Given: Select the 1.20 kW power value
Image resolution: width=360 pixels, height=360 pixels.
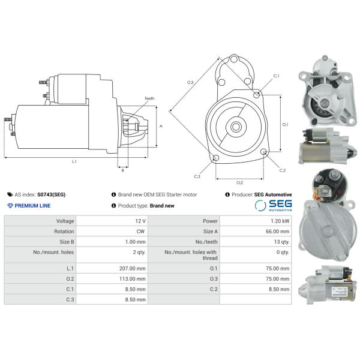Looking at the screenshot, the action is coord(280,221).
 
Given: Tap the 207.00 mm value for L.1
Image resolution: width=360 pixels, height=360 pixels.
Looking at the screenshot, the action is coord(132,268).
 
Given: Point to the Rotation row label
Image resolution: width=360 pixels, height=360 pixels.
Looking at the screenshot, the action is coord(64,231).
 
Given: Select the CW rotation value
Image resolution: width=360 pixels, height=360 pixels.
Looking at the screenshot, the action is coord(140,231).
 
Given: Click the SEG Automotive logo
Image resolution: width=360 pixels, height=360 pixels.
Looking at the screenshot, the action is coord(273,205).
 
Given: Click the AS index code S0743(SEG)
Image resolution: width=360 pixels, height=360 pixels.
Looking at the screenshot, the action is coord(51,194).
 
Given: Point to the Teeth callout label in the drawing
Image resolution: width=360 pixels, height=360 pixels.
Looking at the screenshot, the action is coord(149,98).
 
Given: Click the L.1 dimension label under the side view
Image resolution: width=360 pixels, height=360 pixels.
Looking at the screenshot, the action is coord(74,161).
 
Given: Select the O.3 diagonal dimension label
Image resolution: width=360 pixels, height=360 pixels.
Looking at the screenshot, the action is coord(190,82).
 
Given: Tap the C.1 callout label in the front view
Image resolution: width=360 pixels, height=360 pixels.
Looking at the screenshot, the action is coord(276,76).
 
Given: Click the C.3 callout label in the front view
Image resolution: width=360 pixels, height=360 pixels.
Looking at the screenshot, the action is coord(197,176).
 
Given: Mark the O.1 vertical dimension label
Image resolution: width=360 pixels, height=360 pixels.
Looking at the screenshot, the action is coord(285,124).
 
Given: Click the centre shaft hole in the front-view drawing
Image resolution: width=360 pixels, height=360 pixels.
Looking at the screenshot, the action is coord(236,127).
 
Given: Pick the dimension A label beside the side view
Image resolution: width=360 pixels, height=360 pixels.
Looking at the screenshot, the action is coord(161,126).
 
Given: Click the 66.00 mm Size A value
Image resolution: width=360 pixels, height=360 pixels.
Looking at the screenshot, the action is coord(278,231).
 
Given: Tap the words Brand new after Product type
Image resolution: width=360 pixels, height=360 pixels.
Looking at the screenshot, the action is coord(162,205).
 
